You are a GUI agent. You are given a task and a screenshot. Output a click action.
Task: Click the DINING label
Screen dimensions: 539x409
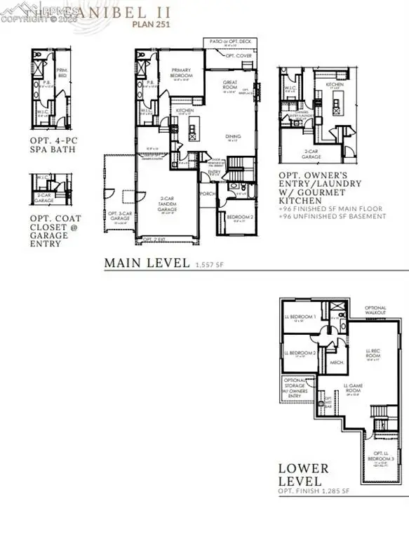(x=232, y=137)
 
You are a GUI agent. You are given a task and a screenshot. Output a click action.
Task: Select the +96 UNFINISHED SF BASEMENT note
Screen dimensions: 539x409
(x=333, y=217)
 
